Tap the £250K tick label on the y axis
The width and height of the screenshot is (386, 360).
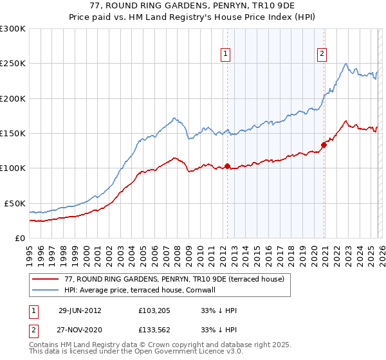tap(13, 64)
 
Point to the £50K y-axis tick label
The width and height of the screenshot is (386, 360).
tap(15, 203)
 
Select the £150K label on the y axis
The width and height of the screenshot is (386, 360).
tap(13, 134)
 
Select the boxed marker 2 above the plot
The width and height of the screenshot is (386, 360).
tap(321, 55)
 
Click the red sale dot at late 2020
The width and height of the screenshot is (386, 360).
tap(324, 145)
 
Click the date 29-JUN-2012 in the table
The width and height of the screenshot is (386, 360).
tap(80, 310)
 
